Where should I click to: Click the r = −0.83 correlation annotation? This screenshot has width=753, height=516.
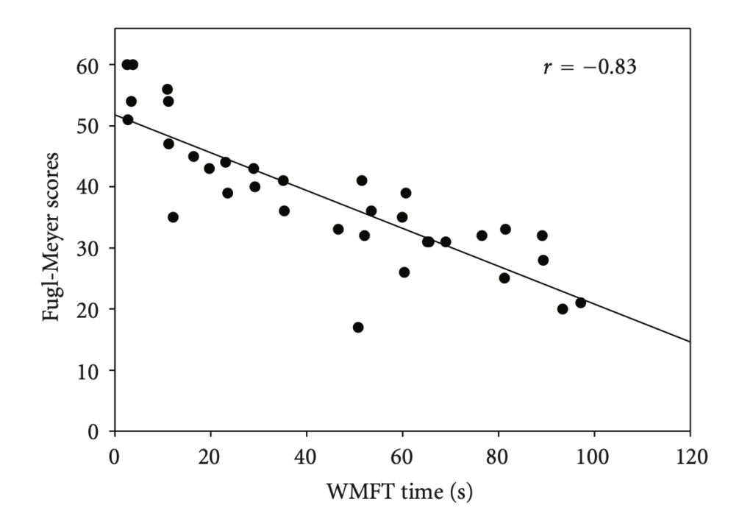click(589, 68)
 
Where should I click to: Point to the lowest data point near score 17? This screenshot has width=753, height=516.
click(358, 327)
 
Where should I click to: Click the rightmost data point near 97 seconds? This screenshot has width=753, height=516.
click(580, 303)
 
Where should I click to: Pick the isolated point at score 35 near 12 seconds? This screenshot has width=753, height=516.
click(173, 217)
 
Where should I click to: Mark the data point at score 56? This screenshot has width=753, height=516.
click(167, 89)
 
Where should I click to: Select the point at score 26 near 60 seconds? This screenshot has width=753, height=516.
click(404, 272)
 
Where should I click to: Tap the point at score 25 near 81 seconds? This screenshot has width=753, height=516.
click(504, 278)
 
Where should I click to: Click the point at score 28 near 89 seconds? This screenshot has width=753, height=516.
click(543, 260)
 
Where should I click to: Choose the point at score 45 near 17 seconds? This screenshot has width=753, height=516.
click(193, 156)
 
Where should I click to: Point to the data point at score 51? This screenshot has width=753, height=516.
click(128, 120)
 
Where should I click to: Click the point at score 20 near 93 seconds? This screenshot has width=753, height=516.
click(563, 309)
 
